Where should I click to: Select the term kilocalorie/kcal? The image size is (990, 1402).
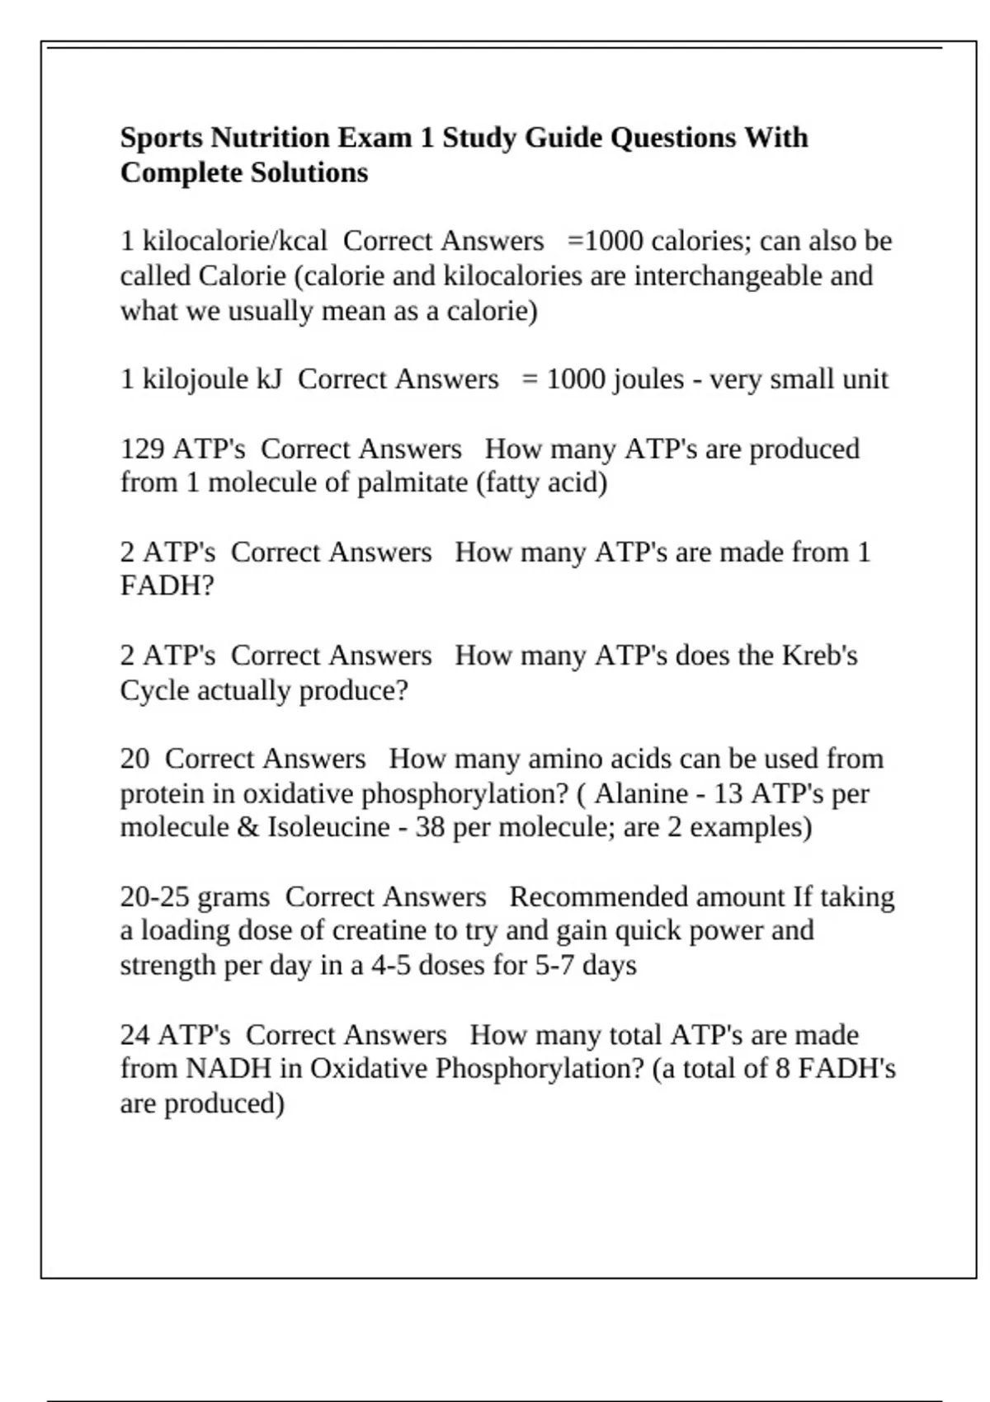[x=235, y=241]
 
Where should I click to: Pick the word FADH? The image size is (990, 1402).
[x=167, y=586]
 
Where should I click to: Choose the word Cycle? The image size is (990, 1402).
[x=153, y=690]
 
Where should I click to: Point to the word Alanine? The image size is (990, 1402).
[x=641, y=793]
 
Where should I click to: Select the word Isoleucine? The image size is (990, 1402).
[x=328, y=827]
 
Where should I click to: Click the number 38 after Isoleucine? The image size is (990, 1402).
[x=430, y=827]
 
